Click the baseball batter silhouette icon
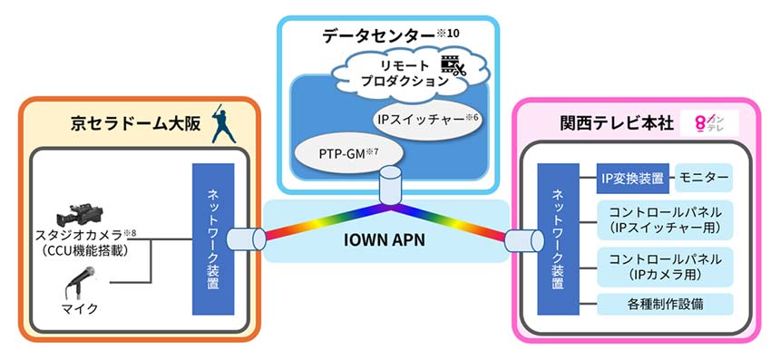219,125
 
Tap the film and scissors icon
453,66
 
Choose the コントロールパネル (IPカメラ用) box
664,266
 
